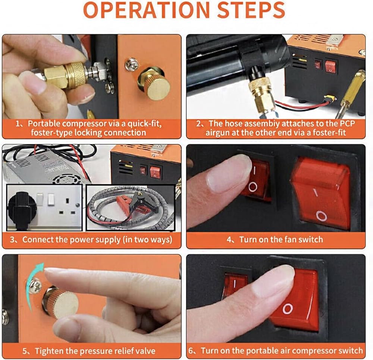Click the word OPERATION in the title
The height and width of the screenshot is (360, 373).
[146, 10]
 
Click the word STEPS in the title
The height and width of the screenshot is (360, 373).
[251, 10]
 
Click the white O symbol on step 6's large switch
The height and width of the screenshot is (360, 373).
[288, 309]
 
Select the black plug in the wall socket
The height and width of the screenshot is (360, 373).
[21, 209]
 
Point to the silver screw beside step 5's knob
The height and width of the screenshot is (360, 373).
[35, 285]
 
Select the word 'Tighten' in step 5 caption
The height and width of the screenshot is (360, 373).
[50, 351]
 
